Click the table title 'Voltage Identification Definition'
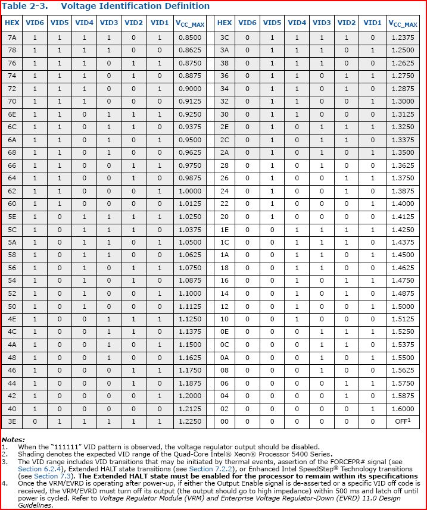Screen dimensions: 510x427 point(135,6)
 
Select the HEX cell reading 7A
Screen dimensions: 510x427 point(12,37)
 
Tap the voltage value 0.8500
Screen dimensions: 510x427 point(189,37)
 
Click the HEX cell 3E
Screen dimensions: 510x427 point(12,421)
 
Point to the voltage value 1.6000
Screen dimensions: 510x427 point(403,408)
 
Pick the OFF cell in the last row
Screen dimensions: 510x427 point(403,421)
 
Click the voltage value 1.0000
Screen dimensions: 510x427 point(189,190)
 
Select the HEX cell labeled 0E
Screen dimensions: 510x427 point(225,331)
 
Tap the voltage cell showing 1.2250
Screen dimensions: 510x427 point(189,421)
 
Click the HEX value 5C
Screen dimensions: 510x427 point(12,229)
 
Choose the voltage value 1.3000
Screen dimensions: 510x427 point(403,101)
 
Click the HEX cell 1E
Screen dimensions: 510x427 point(225,229)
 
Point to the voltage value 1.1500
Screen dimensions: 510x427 point(189,344)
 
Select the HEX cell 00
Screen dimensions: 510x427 point(225,421)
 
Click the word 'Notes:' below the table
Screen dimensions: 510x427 point(14,439)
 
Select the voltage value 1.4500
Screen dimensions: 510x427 point(403,255)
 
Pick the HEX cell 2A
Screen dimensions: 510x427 point(225,152)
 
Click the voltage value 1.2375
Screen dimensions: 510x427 point(403,37)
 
